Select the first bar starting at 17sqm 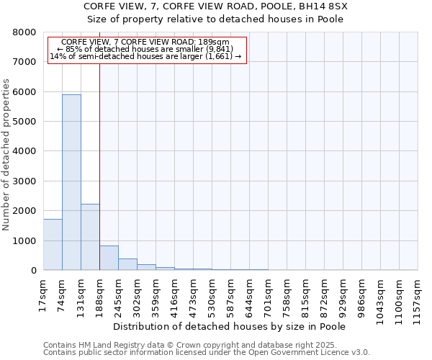(53, 245)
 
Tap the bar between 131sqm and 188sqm (90, 237)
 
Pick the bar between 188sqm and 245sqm (109, 258)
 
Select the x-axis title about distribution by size (230, 327)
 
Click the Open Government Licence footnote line (207, 352)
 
